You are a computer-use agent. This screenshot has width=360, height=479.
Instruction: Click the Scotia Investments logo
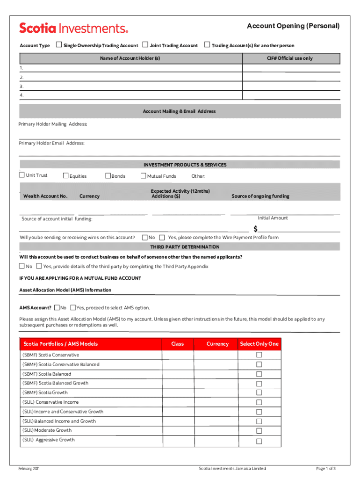click(73, 28)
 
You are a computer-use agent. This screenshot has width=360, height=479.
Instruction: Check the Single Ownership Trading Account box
click(59, 45)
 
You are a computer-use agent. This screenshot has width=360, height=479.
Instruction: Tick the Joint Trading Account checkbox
click(145, 45)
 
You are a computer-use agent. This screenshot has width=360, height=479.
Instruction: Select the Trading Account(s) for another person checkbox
click(207, 45)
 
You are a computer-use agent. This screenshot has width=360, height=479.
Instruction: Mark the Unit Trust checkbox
click(22, 175)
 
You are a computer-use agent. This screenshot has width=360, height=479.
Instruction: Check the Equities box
click(65, 176)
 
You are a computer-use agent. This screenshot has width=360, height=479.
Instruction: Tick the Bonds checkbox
click(108, 176)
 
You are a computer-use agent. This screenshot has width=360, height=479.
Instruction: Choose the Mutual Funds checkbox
click(143, 176)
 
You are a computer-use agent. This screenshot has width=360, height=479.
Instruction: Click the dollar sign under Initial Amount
click(256, 229)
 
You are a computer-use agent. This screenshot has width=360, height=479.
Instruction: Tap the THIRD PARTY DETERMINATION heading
click(185, 247)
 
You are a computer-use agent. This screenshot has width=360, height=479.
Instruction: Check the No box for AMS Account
click(57, 307)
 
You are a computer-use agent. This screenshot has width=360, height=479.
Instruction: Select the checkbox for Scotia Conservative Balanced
click(259, 364)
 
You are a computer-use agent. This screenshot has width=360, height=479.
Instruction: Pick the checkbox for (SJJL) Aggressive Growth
click(259, 441)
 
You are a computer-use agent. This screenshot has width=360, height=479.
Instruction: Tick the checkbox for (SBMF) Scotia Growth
click(259, 393)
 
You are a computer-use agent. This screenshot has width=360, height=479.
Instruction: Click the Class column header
click(178, 344)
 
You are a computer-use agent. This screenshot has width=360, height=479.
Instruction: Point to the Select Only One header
click(259, 344)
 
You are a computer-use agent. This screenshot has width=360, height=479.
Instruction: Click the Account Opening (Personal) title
click(293, 26)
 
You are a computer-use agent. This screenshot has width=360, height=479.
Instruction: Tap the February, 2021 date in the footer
click(29, 469)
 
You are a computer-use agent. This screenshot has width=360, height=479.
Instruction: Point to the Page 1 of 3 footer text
click(326, 469)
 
